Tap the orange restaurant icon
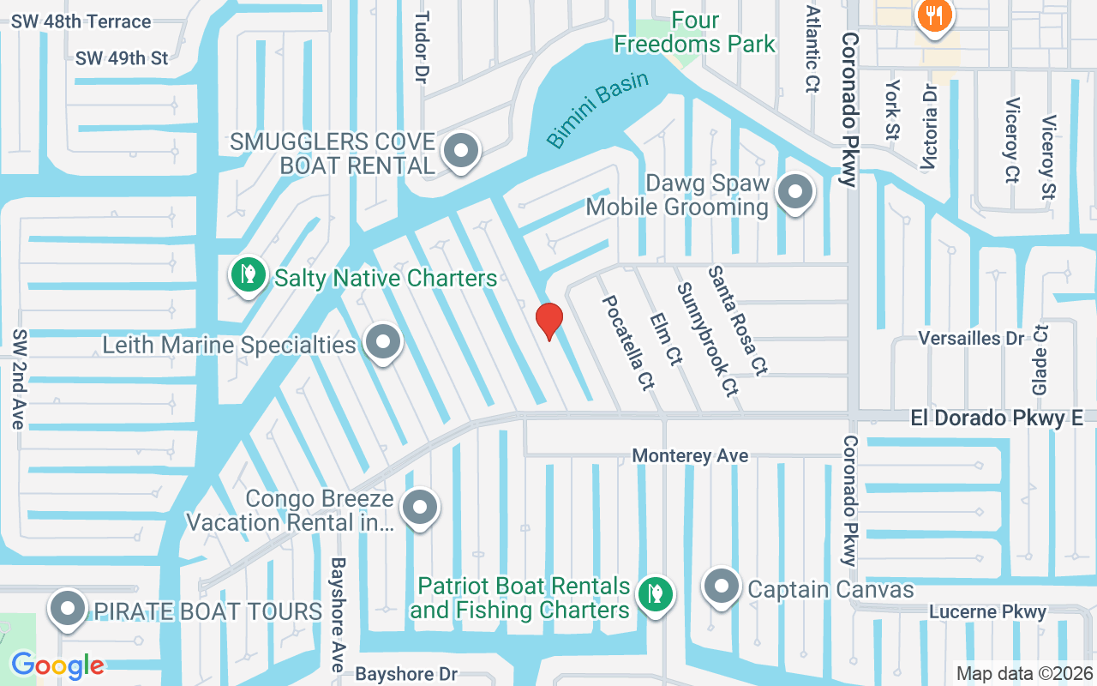930,15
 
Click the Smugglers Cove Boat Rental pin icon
462,152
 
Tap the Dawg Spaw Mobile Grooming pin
794,194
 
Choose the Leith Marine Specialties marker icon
383,343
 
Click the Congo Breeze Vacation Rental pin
420,508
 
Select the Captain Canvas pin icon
721,587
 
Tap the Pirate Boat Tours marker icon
68,610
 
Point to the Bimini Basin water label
597,110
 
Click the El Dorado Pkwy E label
996,418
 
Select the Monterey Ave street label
690,456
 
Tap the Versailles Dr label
971,338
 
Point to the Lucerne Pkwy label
988,611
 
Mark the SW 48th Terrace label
81,21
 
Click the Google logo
57,665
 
